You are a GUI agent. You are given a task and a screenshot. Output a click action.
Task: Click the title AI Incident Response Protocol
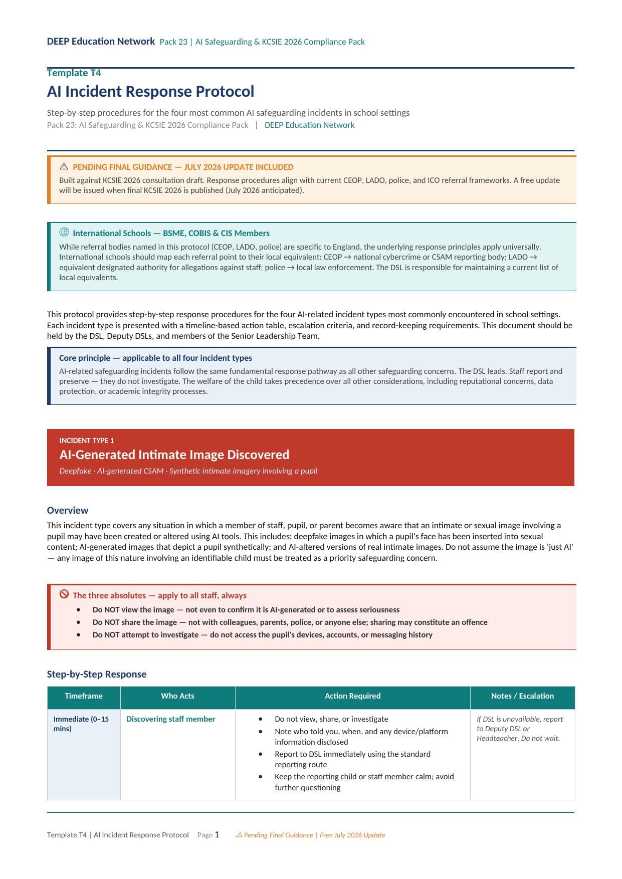coord(150,92)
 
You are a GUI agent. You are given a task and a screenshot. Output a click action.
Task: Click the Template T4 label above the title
coord(74,73)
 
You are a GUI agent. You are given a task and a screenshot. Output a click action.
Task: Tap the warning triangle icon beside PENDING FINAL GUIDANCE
coord(64,166)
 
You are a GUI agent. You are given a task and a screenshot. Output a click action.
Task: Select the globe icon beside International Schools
coord(64,232)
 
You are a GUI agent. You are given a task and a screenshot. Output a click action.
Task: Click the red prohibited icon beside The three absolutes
coord(64,594)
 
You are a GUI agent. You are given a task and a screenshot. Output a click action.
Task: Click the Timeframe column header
coord(84,696)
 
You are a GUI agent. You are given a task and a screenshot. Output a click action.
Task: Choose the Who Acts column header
coord(177,696)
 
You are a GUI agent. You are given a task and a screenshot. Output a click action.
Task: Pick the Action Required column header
coord(352,696)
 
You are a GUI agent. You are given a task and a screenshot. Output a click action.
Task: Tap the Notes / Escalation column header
coord(522,696)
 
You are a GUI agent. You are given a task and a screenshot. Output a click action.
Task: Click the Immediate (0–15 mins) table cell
coord(81,724)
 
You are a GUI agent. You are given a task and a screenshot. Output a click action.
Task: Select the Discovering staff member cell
coord(170,719)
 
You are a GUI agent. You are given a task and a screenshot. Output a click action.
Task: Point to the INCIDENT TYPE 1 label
coord(87,441)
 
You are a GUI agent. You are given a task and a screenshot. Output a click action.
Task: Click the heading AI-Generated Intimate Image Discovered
coord(174,455)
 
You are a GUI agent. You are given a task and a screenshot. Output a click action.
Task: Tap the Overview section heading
coord(68,511)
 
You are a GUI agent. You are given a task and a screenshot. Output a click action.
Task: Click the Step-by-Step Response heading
coord(97,675)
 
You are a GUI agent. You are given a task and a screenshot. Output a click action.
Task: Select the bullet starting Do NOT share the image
coord(290,622)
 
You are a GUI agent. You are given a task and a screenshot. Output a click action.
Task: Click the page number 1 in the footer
coord(217,835)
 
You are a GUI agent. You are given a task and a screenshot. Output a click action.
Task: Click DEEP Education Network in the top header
coord(101,42)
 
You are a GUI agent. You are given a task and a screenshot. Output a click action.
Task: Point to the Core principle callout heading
coord(155,358)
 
